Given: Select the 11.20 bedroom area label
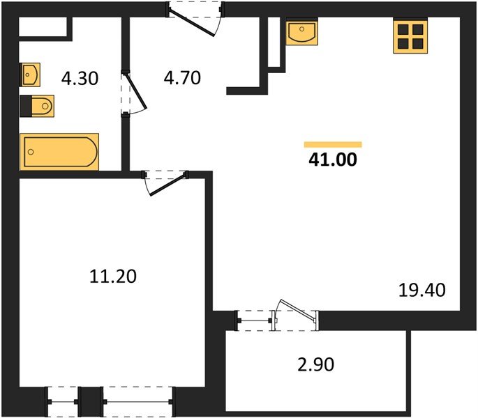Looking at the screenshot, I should point(113,277).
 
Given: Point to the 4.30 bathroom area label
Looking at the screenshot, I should point(80,78).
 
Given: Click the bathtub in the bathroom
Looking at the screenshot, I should point(59,151).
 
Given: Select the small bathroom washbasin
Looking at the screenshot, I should point(30,72).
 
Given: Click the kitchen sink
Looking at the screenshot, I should point(301,32).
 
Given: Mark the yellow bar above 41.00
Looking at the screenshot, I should point(333,145).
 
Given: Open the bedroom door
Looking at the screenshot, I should point(167,180).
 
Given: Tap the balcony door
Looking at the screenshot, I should point(296,314).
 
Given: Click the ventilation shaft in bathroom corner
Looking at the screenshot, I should point(43,26).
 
